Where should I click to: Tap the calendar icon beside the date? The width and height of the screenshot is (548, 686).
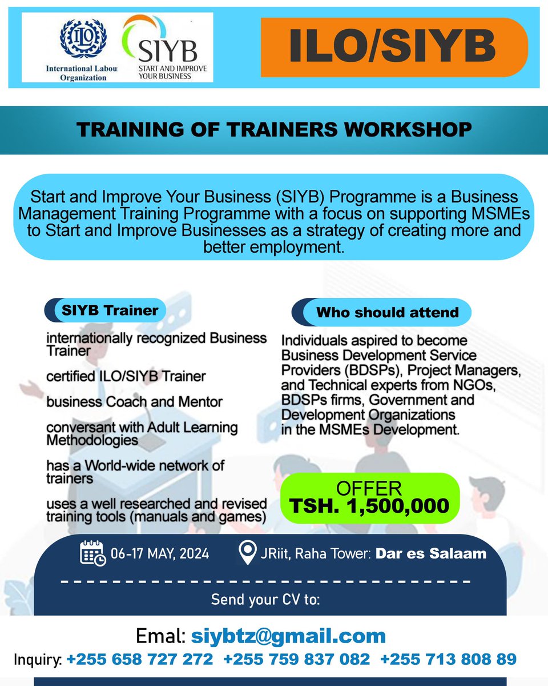click(x=92, y=553)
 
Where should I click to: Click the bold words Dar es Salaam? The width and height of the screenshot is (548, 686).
click(x=431, y=553)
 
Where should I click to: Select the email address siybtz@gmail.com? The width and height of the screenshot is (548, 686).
click(x=288, y=635)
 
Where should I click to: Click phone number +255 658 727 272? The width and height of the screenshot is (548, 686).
click(x=140, y=659)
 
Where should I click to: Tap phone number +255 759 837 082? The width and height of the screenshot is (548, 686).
click(x=297, y=659)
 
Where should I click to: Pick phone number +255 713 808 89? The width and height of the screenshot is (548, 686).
click(x=448, y=659)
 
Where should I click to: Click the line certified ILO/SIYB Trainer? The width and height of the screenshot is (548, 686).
click(x=126, y=376)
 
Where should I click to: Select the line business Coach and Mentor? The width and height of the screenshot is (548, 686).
click(x=134, y=401)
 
